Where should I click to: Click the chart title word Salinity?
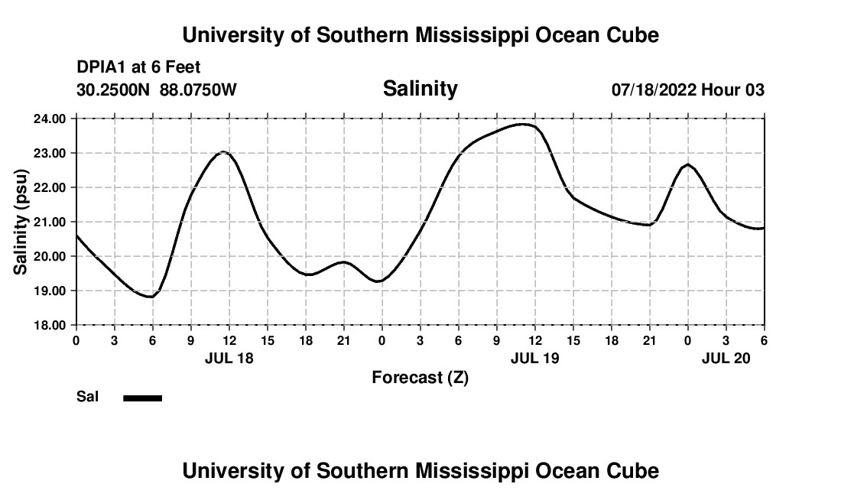pyautogui.click(x=420, y=89)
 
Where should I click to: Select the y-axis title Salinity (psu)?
pyautogui.click(x=21, y=221)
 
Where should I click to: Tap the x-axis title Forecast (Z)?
pyautogui.click(x=420, y=377)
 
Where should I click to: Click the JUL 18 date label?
pyautogui.click(x=229, y=358)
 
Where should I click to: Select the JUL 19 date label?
pyautogui.click(x=534, y=358)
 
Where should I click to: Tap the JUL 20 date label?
pyautogui.click(x=726, y=358)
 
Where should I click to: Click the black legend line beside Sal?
pyautogui.click(x=142, y=398)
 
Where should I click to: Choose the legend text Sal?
pyautogui.click(x=87, y=397)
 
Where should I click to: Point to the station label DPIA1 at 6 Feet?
pyautogui.click(x=138, y=68)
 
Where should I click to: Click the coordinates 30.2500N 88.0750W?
pyautogui.click(x=157, y=90)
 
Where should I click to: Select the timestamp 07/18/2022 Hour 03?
pyautogui.click(x=687, y=90)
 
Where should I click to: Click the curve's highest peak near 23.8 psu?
pyautogui.click(x=523, y=124)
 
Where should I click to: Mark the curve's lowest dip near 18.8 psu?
pyautogui.click(x=150, y=297)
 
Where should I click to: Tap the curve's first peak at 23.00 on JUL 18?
pyautogui.click(x=222, y=151)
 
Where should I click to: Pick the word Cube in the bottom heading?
pyautogui.click(x=635, y=471)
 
